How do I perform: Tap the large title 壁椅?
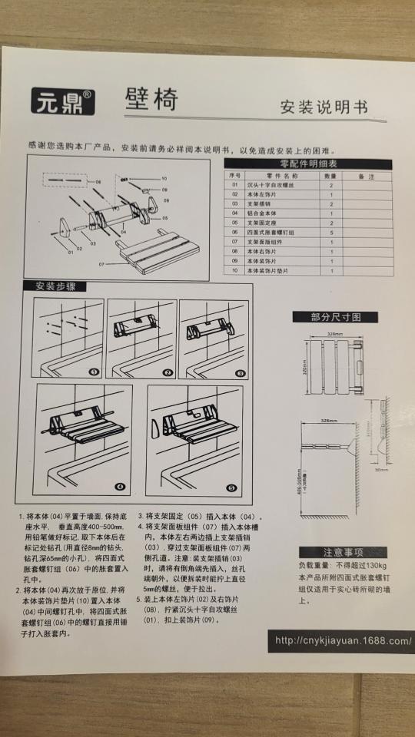(151, 101)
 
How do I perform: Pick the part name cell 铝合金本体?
(265, 213)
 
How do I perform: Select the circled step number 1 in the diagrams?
(94, 372)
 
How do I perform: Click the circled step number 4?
(118, 487)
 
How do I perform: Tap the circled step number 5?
(231, 487)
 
